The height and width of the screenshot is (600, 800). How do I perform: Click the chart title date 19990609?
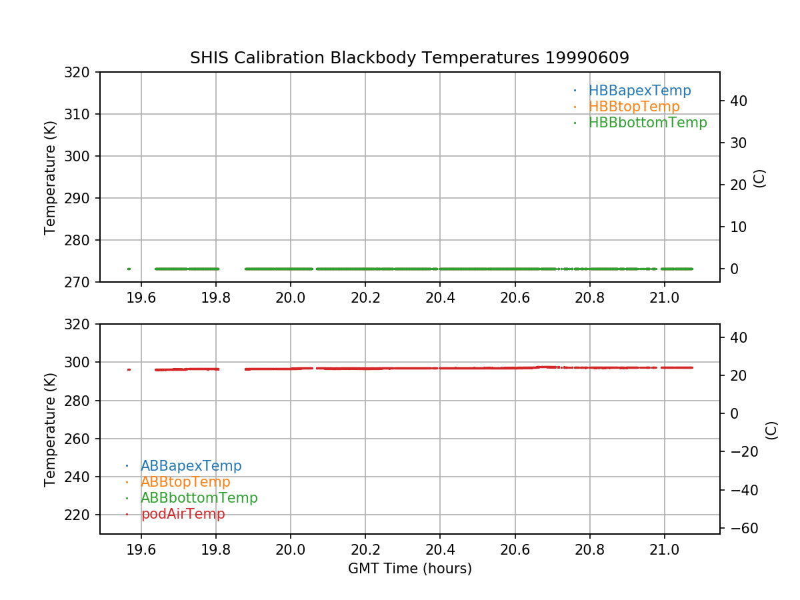tap(587, 58)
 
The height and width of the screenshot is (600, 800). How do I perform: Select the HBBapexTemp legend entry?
tap(639, 91)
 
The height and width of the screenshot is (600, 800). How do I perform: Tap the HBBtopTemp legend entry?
tap(634, 107)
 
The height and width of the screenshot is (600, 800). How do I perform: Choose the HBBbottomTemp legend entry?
tap(647, 123)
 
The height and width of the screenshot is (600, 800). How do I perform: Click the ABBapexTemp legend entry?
tap(191, 466)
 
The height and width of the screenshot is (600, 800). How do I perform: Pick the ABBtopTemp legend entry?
tap(185, 482)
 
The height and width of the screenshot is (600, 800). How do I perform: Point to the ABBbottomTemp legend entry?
tap(199, 498)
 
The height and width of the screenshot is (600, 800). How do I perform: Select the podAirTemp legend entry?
tap(183, 514)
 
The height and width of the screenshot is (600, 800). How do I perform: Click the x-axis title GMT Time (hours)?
tap(410, 569)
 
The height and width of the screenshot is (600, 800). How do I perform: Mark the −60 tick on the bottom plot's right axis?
tap(739, 528)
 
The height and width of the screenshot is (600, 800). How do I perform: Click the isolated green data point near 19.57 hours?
tap(129, 269)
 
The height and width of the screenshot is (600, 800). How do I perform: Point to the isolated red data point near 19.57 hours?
tap(129, 369)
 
